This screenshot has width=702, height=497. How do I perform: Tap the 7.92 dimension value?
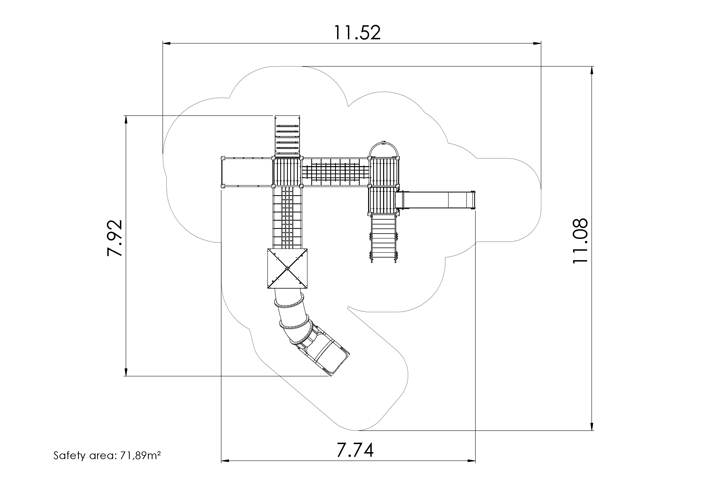115,238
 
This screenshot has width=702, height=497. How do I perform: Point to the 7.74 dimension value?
355,450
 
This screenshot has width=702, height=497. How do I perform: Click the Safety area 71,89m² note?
107,456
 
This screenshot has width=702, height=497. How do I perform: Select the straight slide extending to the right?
436,200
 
